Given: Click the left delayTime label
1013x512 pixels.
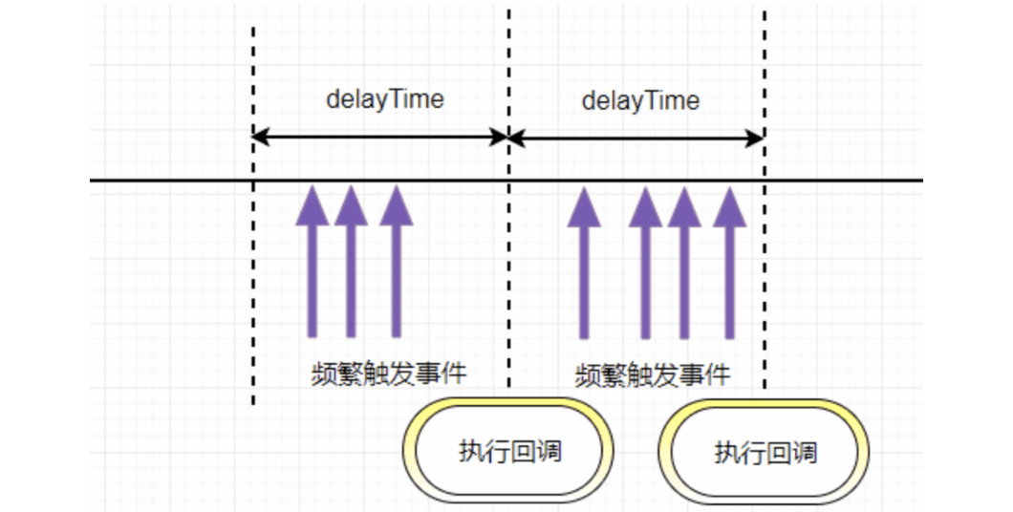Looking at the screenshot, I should click(385, 99).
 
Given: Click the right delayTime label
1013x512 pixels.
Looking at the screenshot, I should click(640, 100).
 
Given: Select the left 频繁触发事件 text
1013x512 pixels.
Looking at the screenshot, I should click(390, 372).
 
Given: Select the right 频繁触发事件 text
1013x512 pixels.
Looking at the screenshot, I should click(654, 373).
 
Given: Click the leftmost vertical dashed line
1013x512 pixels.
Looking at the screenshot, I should click(253, 287).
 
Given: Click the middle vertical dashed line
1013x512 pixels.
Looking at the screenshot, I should click(508, 287).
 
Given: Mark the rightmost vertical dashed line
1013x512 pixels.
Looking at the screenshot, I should click(765, 287).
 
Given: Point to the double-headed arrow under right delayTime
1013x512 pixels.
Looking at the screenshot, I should click(636, 138).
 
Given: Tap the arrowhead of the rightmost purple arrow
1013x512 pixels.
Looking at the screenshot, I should click(729, 205).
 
